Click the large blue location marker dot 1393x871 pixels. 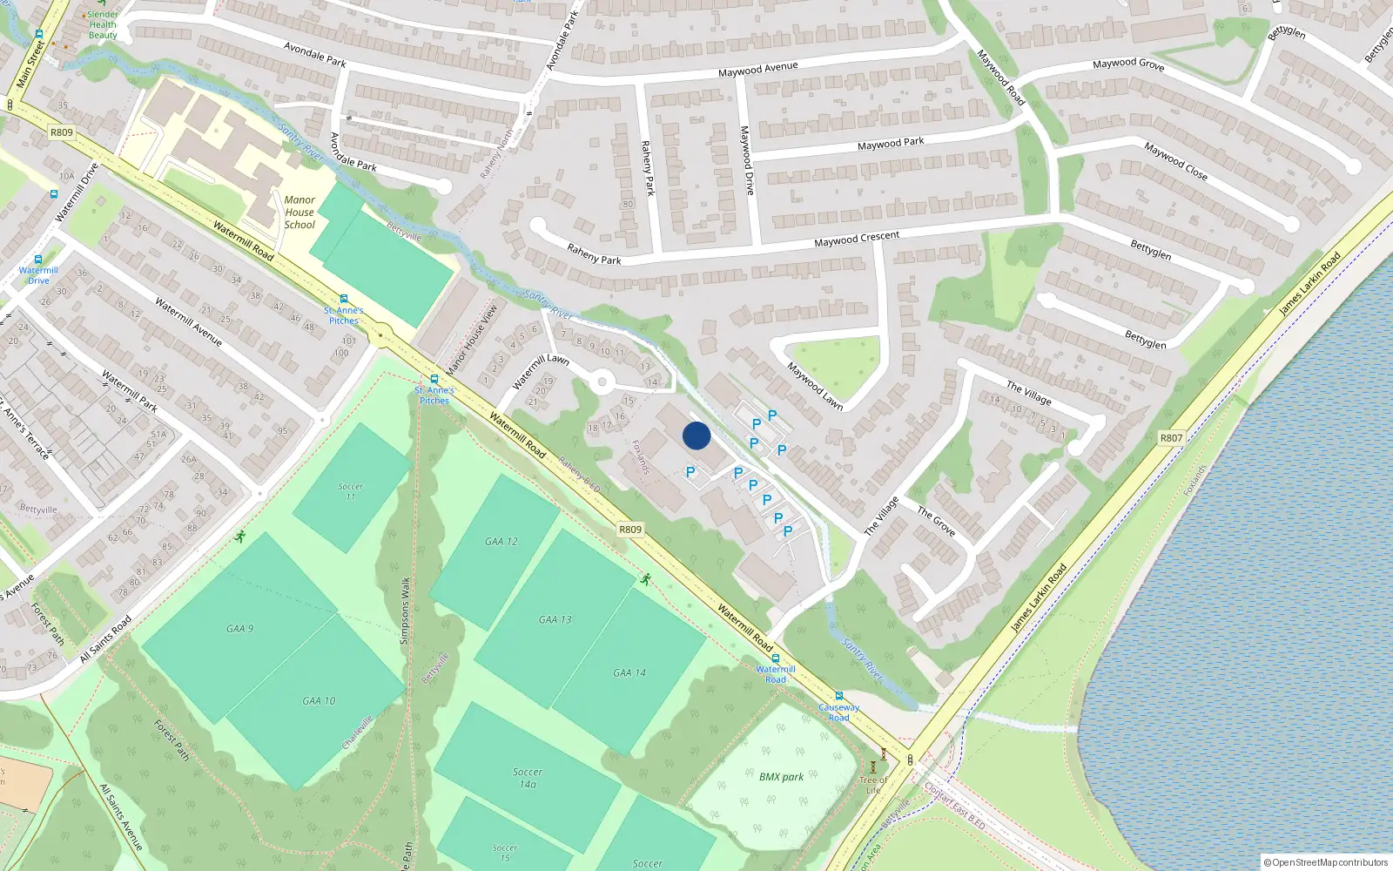click(696, 435)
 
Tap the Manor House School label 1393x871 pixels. click(299, 213)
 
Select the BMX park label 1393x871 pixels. click(781, 777)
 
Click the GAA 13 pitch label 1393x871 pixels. click(555, 620)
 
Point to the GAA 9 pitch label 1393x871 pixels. click(239, 628)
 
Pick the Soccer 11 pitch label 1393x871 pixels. click(350, 491)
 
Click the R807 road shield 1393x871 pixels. click(1171, 438)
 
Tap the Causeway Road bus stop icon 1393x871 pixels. click(838, 696)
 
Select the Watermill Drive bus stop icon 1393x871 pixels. click(38, 260)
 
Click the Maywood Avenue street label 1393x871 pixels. click(757, 69)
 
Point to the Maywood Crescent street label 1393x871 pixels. click(857, 239)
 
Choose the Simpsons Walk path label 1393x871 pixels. click(405, 611)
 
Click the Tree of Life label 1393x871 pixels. click(872, 785)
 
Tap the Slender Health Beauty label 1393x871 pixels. click(103, 24)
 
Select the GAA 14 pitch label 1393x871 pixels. click(629, 672)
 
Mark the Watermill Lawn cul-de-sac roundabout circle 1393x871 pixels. click(601, 381)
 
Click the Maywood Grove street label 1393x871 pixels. click(1128, 64)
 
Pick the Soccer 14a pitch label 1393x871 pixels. click(528, 778)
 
